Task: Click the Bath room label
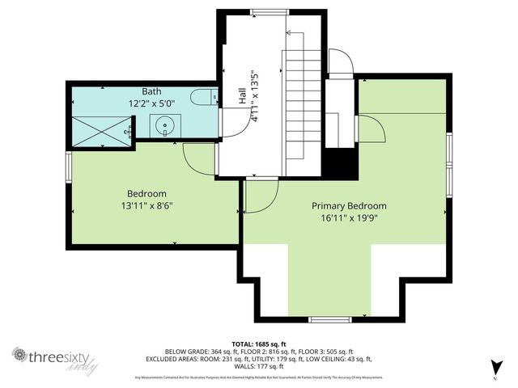tap(151, 91)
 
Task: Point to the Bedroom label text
tap(146, 193)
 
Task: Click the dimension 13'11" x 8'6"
tap(146, 205)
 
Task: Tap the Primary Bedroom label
tap(349, 205)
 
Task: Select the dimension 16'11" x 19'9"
tap(349, 217)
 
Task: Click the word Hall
tap(242, 95)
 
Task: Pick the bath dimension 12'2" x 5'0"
tap(151, 103)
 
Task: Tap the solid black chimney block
tap(340, 164)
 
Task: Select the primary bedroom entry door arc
tap(259, 197)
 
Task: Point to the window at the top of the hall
tap(264, 11)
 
